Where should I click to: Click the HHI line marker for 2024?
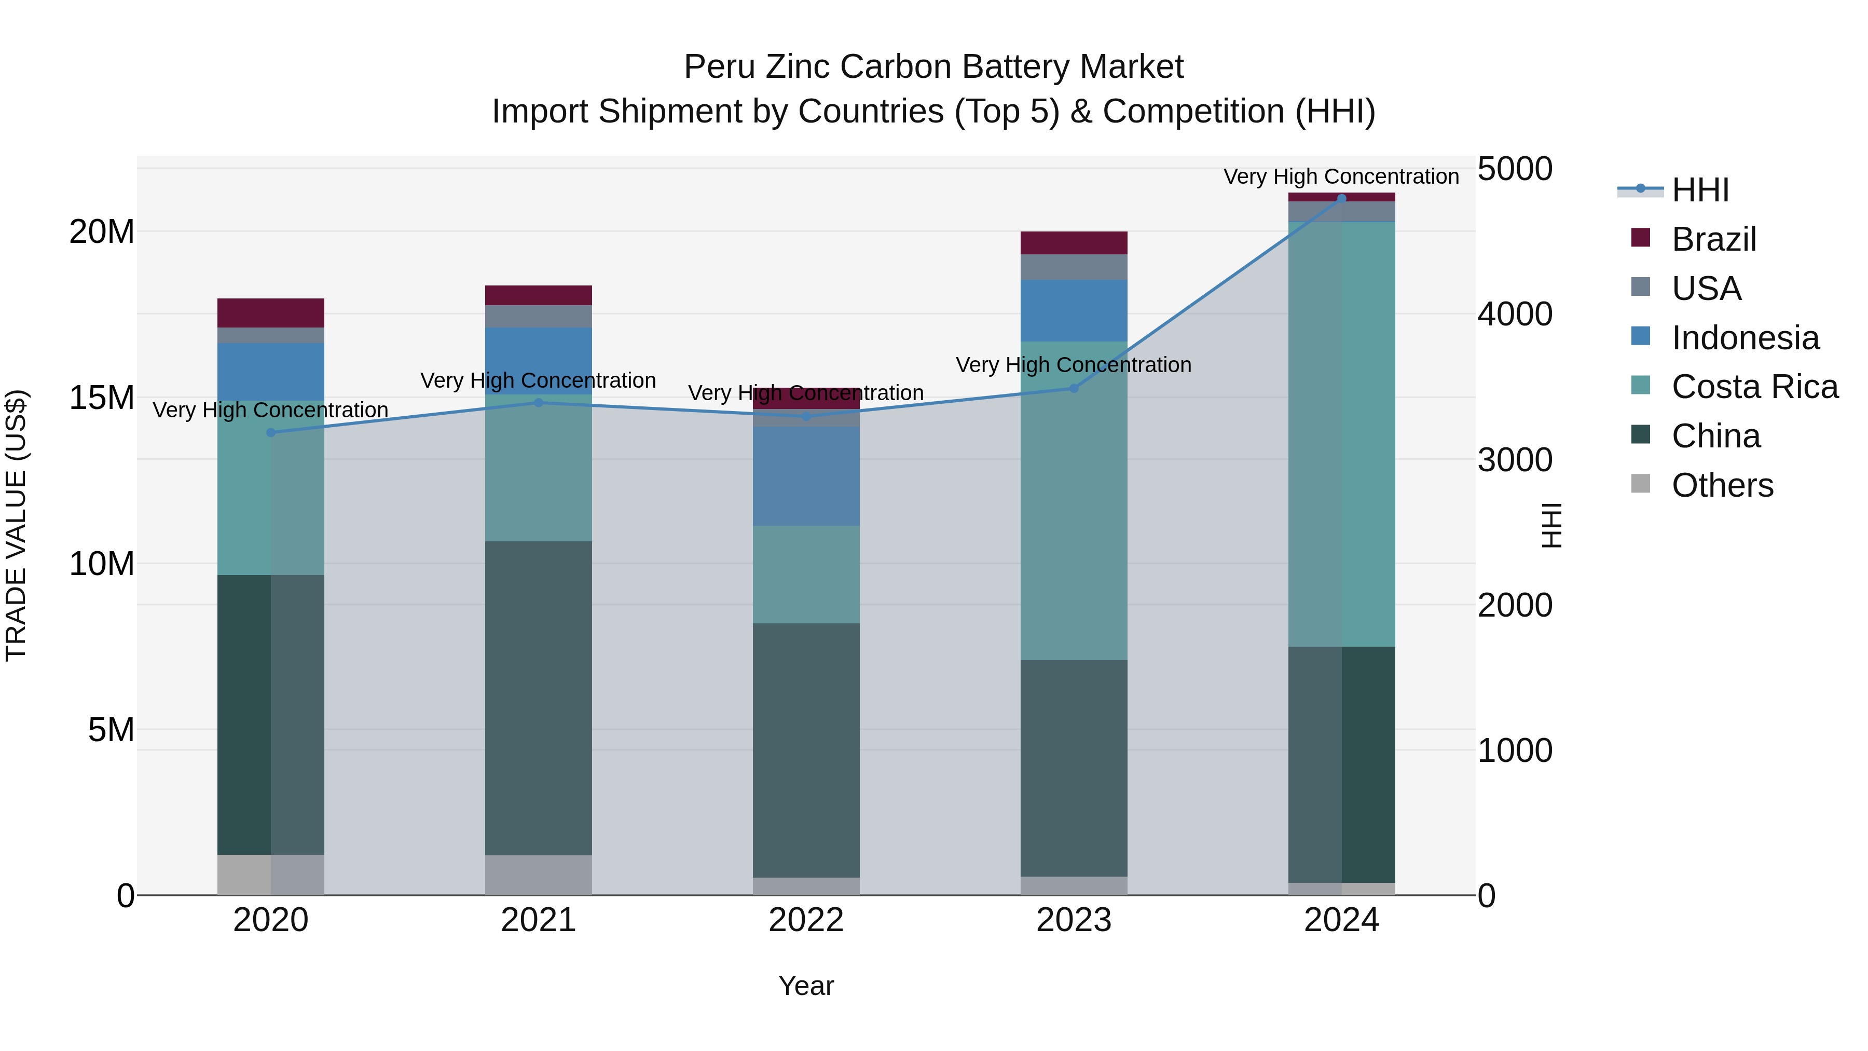tap(1341, 199)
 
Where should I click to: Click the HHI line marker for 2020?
tap(271, 432)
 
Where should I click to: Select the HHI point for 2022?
tap(806, 416)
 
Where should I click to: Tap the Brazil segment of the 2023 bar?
tap(1074, 243)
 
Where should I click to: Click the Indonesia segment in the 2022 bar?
tap(806, 476)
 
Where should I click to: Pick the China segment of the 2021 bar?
tap(538, 698)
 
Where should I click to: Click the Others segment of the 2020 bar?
tap(271, 875)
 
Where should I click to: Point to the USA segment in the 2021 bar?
tap(538, 316)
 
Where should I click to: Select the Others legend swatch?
tap(1640, 484)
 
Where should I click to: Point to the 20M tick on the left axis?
tap(102, 232)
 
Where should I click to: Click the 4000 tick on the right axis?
tap(1515, 314)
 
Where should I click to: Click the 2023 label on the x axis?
tap(1074, 920)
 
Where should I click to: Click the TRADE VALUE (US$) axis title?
tap(16, 525)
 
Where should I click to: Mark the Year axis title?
tap(806, 986)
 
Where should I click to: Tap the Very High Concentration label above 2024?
tap(1341, 176)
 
